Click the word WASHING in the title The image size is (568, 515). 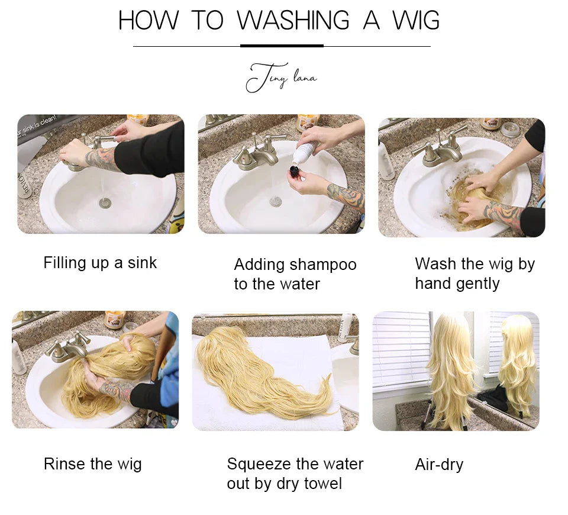click(x=293, y=21)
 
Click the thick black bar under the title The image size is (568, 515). click(x=282, y=46)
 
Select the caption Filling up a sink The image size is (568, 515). click(x=100, y=263)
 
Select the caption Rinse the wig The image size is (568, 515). click(x=92, y=463)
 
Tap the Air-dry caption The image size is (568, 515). click(x=438, y=465)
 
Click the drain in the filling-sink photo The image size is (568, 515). click(x=105, y=203)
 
